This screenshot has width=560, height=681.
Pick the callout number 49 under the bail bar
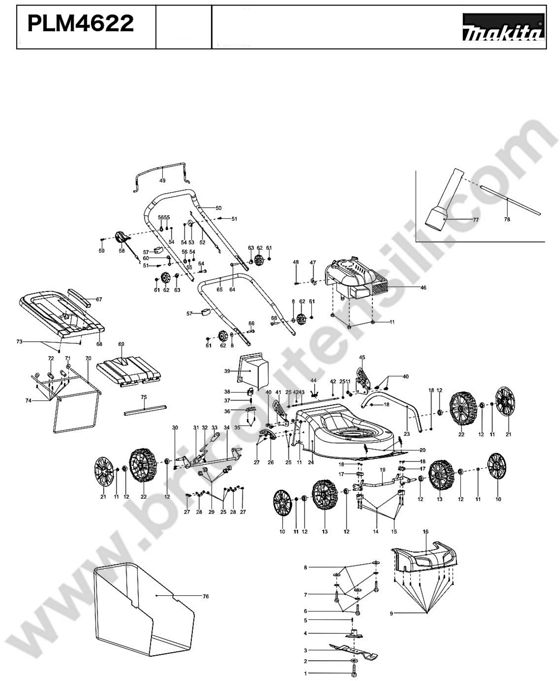[x=162, y=181]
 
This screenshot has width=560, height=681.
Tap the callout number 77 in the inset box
[x=475, y=220]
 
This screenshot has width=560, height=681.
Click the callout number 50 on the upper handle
[x=218, y=208]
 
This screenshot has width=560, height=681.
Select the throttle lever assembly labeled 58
[x=122, y=238]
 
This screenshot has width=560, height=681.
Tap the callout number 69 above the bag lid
[x=121, y=344]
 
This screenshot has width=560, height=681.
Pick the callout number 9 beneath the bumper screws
[x=391, y=614]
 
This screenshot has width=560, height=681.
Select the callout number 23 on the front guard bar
[x=406, y=434]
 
